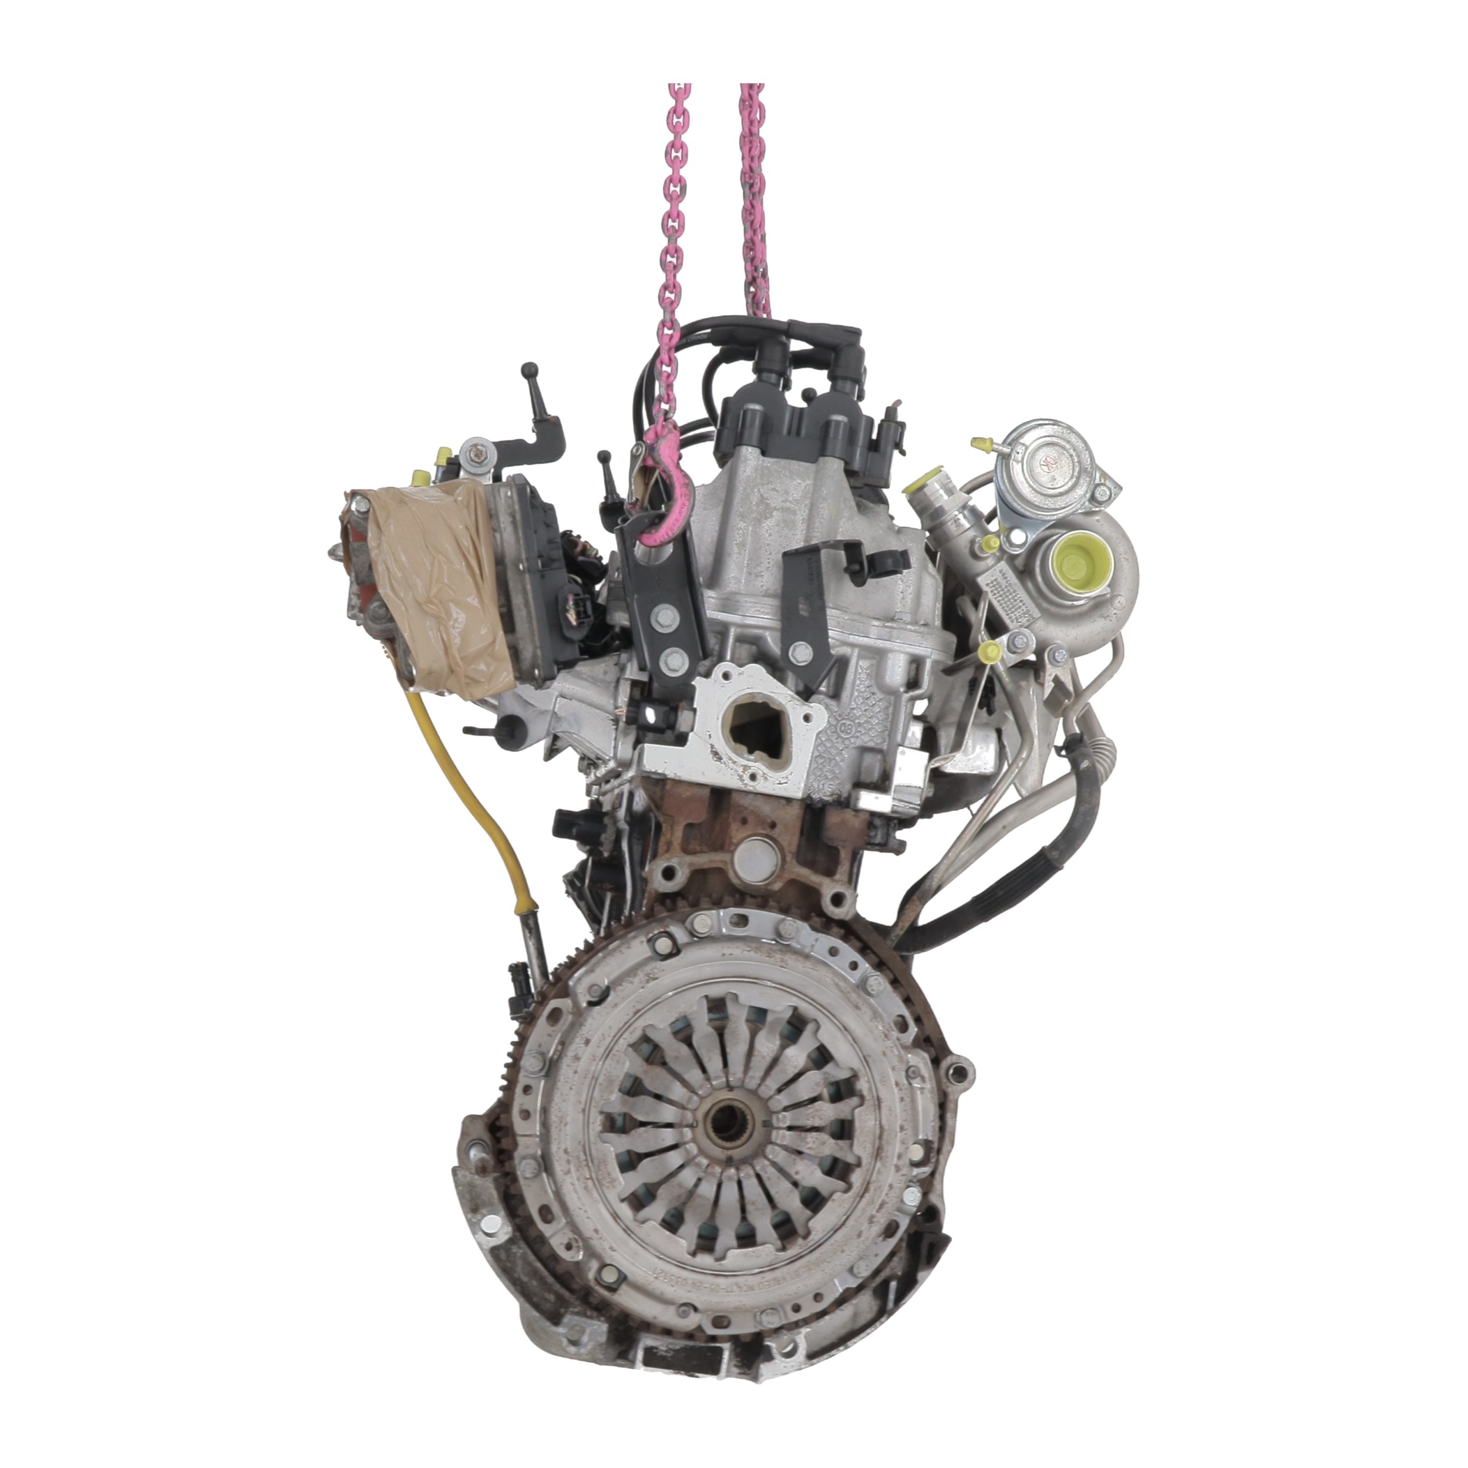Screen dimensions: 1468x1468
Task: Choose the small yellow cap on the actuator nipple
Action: point(980,442)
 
